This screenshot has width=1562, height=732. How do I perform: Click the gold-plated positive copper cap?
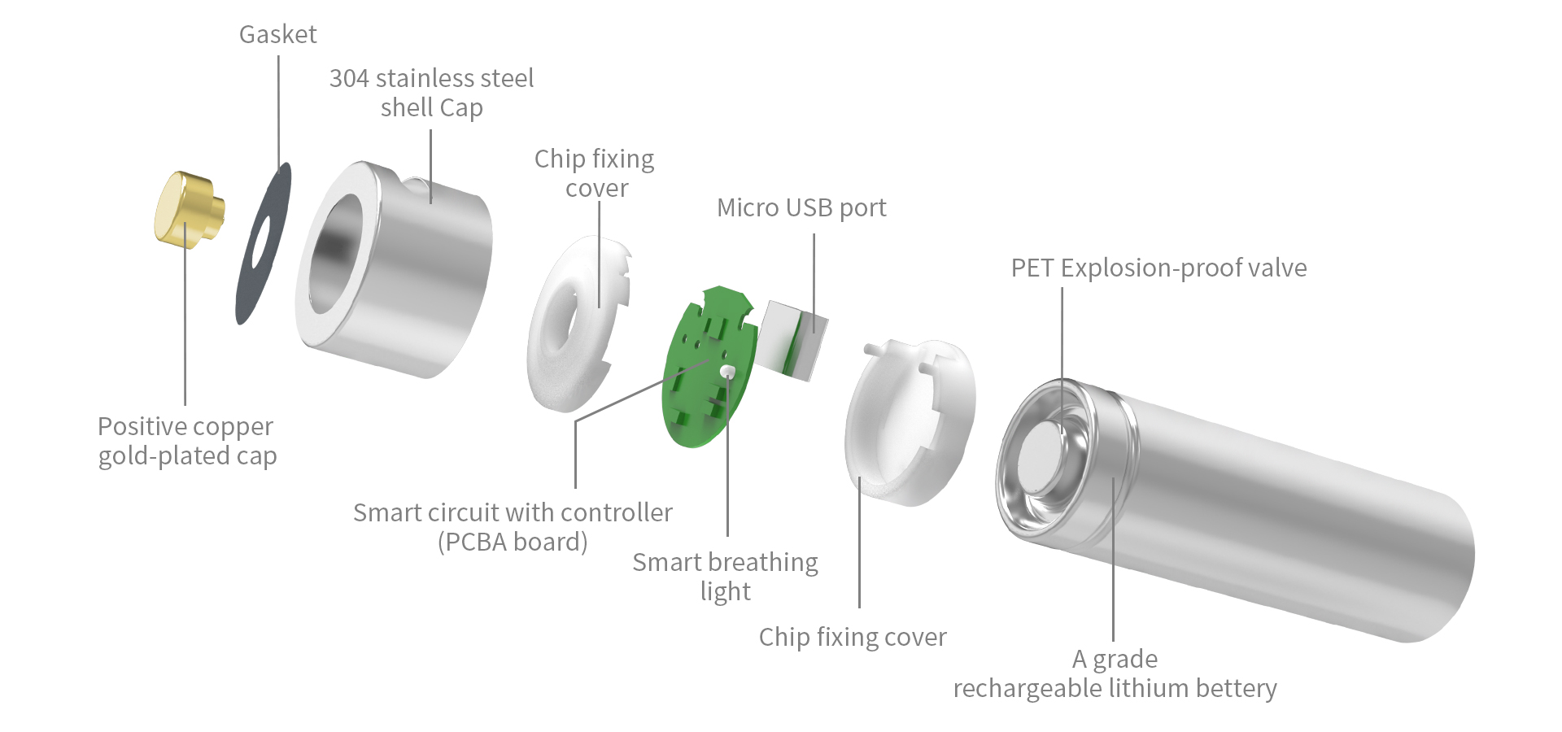189,208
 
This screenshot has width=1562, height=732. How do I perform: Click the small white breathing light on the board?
727,372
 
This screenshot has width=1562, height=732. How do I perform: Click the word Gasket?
277,34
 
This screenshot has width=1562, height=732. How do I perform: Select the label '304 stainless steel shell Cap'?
431,93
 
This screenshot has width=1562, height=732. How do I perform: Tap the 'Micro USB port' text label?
801,208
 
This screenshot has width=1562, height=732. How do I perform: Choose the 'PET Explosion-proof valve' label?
1158,268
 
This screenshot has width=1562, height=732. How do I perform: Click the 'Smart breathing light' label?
725,576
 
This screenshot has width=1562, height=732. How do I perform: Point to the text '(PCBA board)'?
513,542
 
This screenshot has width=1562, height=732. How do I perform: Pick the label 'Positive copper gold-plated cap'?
187,441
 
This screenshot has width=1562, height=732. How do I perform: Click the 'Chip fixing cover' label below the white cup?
853,637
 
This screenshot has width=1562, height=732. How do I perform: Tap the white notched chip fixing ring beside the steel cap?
578,324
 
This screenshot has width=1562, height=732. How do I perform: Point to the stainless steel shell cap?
393,268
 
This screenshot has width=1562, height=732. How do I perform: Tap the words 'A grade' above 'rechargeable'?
1115,659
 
